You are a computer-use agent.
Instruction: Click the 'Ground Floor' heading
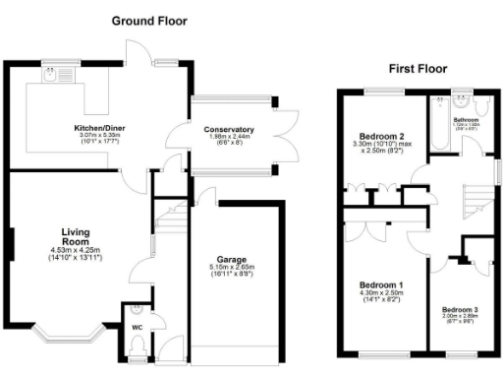(150, 21)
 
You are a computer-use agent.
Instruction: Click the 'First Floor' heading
(419, 69)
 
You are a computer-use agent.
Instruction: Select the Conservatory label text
(229, 129)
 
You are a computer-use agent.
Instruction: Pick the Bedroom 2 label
(378, 137)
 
